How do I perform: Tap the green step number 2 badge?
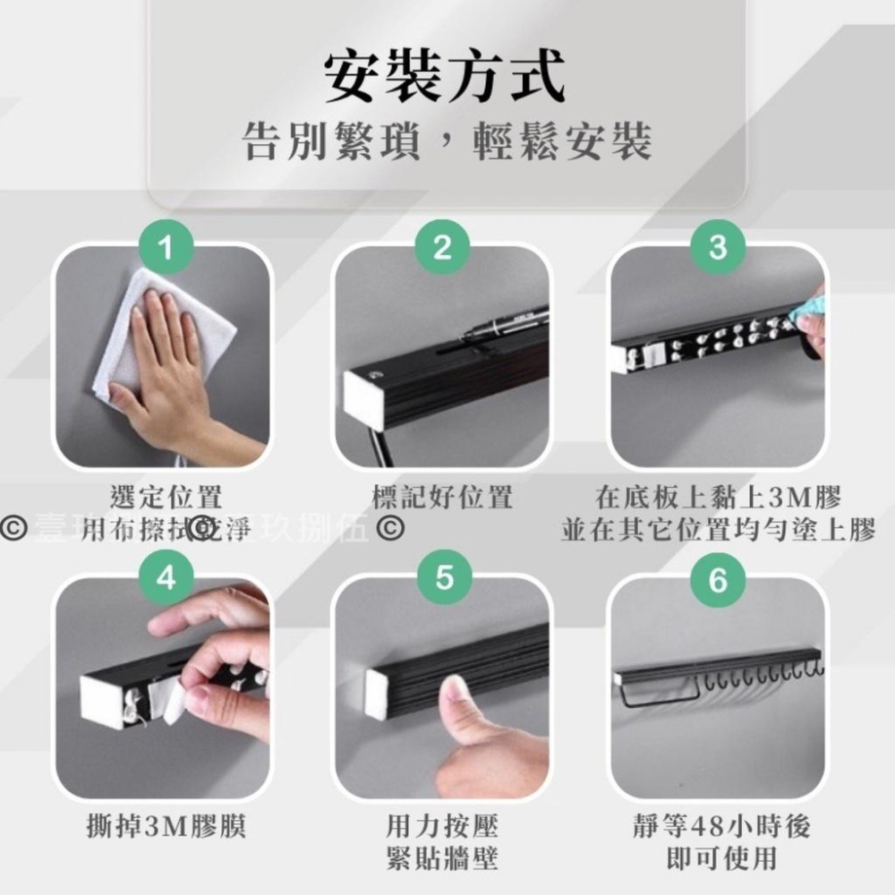[442, 246]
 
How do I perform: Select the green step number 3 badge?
[718, 246]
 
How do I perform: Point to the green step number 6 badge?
[718, 578]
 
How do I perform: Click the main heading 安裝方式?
[445, 79]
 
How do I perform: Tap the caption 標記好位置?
[442, 497]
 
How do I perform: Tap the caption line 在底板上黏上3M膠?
[719, 497]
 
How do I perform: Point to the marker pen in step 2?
[506, 324]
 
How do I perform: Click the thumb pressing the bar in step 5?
[465, 707]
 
